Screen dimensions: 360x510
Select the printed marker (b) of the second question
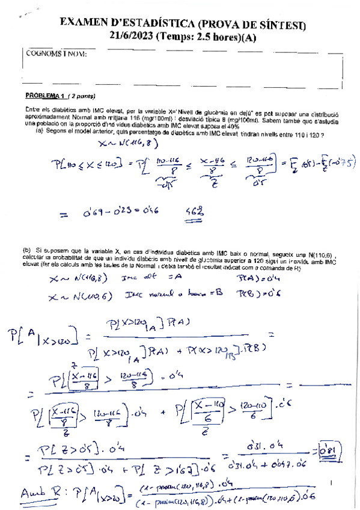(27, 249)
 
